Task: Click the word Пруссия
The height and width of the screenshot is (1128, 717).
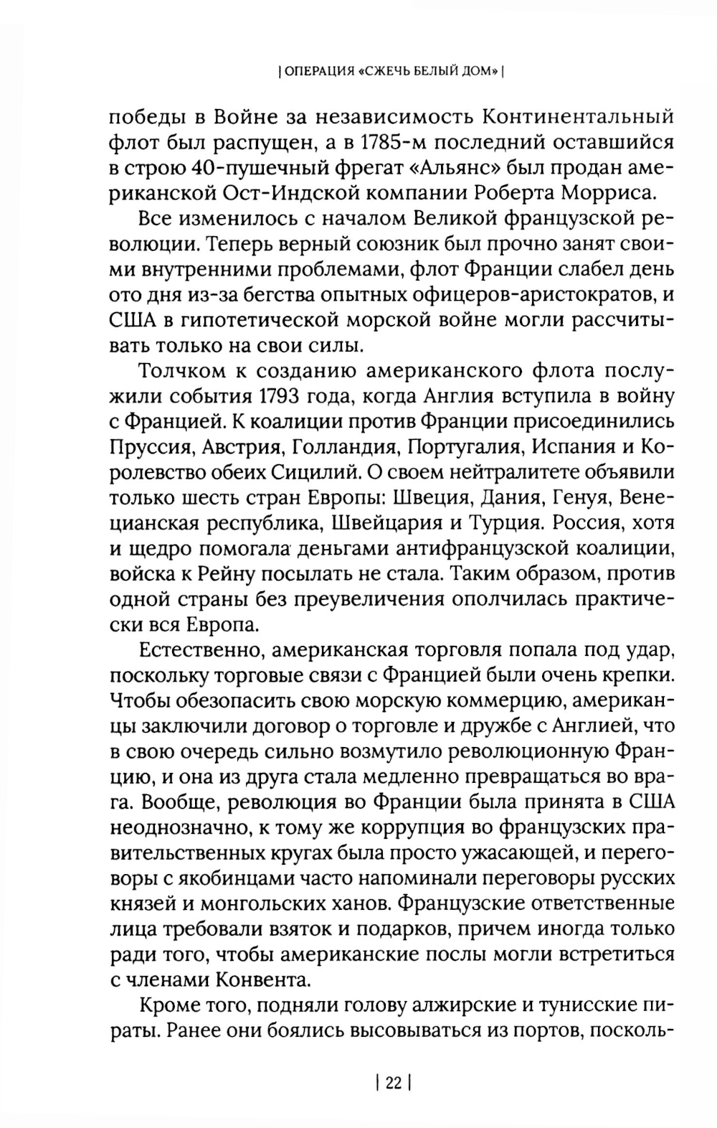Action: [151, 447]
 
